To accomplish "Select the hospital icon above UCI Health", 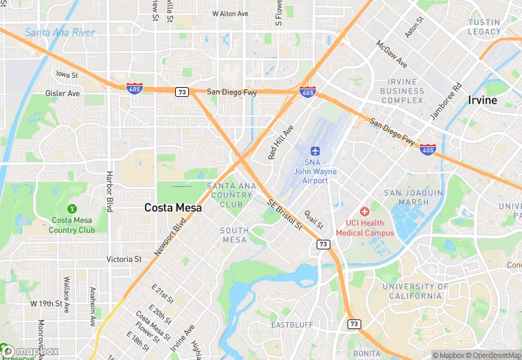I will (365, 211).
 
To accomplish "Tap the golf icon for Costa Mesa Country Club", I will (71, 208).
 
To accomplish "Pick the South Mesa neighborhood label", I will (234, 235).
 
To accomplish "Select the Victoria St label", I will (124, 260).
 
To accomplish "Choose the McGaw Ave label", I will (391, 54).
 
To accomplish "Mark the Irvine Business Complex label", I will (402, 91).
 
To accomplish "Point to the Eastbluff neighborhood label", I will (293, 324).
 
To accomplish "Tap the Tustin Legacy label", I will (484, 27).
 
